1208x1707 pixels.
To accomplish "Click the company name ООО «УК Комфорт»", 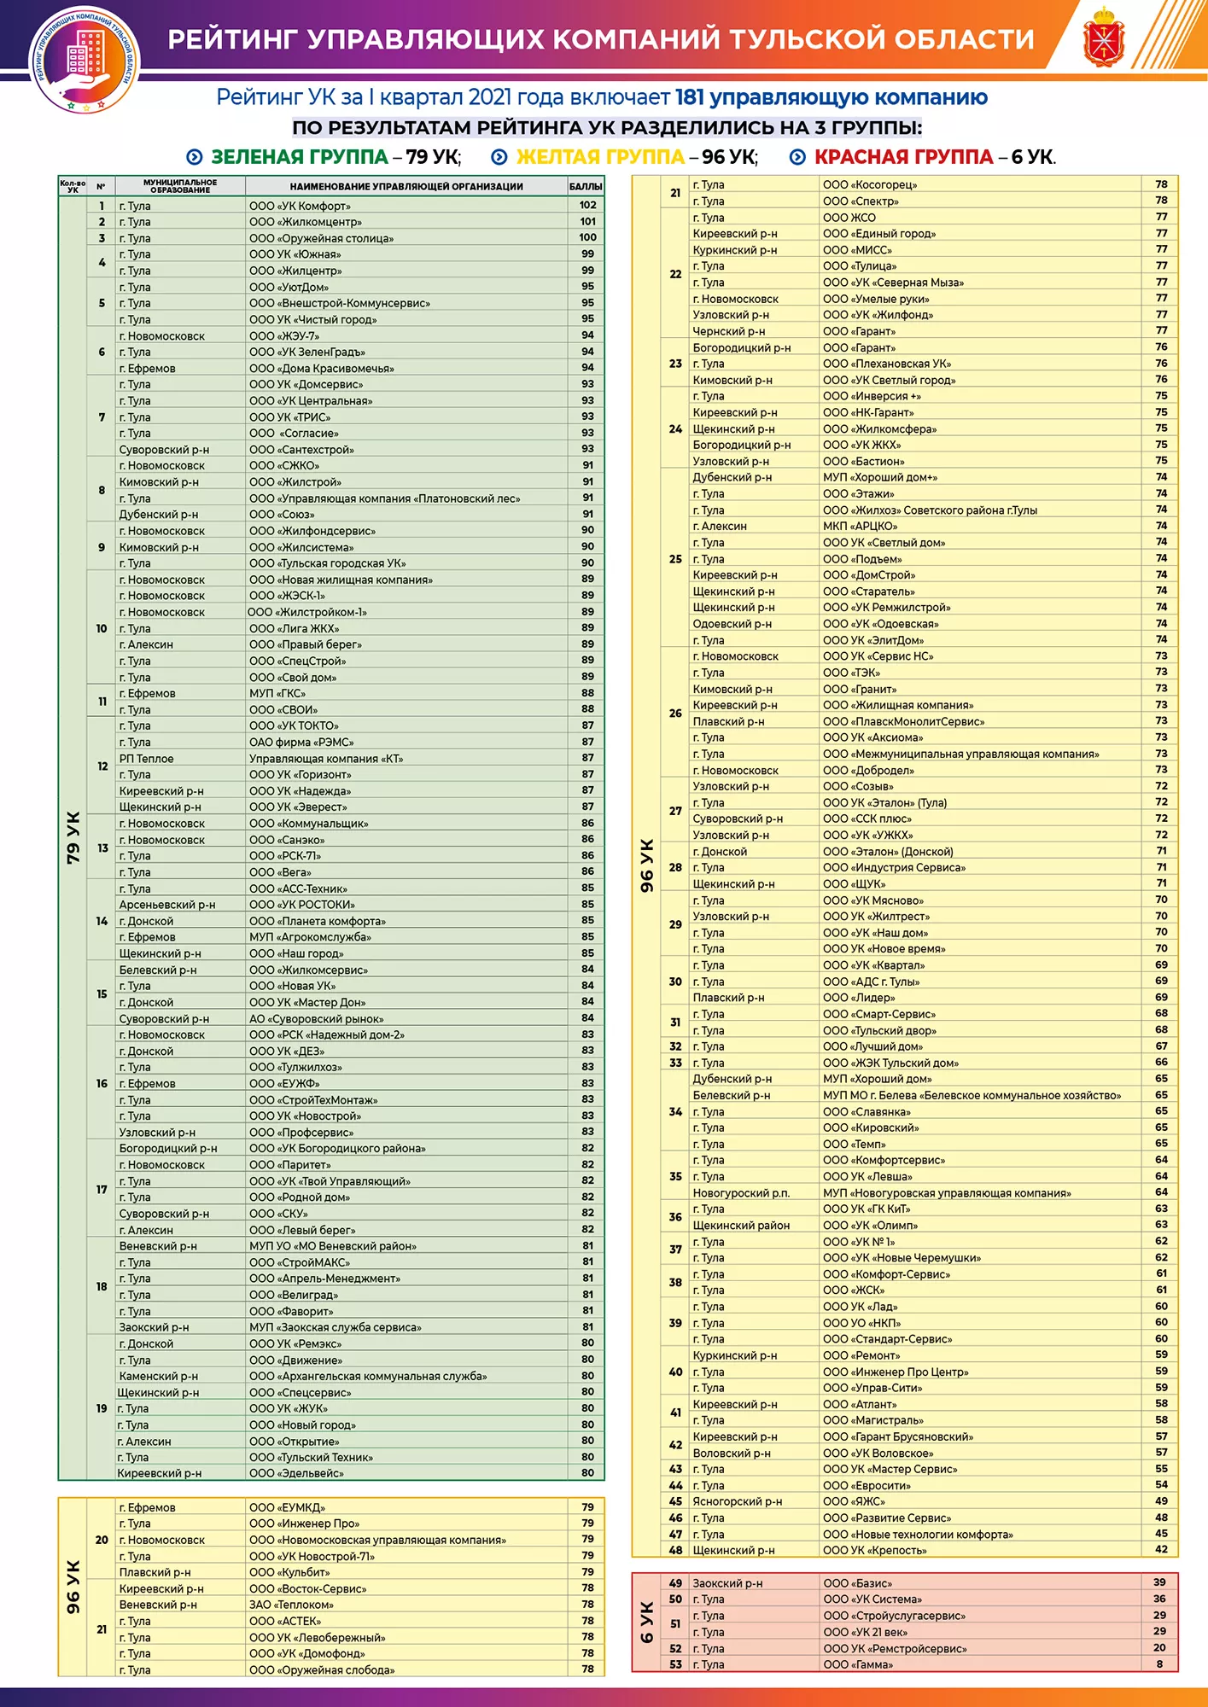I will click(300, 206).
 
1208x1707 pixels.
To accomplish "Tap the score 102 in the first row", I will click(587, 205).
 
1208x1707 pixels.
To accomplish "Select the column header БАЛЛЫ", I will click(586, 186).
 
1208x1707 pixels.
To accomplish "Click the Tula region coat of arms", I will click(1103, 38).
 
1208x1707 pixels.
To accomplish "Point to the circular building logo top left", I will click(85, 58).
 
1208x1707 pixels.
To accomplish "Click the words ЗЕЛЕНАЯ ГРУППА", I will click(299, 157).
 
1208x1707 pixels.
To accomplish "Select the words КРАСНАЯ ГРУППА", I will click(903, 157).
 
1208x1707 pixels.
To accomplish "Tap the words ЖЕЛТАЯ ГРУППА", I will click(600, 157).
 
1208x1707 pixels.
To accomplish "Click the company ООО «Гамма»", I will click(858, 1664).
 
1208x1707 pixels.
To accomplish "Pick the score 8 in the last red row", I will click(1159, 1663).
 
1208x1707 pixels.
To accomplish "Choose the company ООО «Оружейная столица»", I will click(321, 238).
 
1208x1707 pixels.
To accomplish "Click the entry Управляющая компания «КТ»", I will click(326, 759).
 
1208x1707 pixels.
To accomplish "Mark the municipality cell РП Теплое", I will click(146, 759).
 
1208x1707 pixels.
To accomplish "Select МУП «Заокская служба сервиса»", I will click(335, 1327).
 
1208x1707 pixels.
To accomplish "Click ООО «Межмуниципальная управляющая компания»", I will click(960, 754).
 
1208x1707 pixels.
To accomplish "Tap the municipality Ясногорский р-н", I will click(737, 1501).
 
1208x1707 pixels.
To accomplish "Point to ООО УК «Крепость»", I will click(874, 1550).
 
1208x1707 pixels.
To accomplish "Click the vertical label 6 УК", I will click(646, 1622).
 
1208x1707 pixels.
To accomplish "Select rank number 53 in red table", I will click(675, 1664).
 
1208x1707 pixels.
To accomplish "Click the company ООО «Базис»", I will click(857, 1583).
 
